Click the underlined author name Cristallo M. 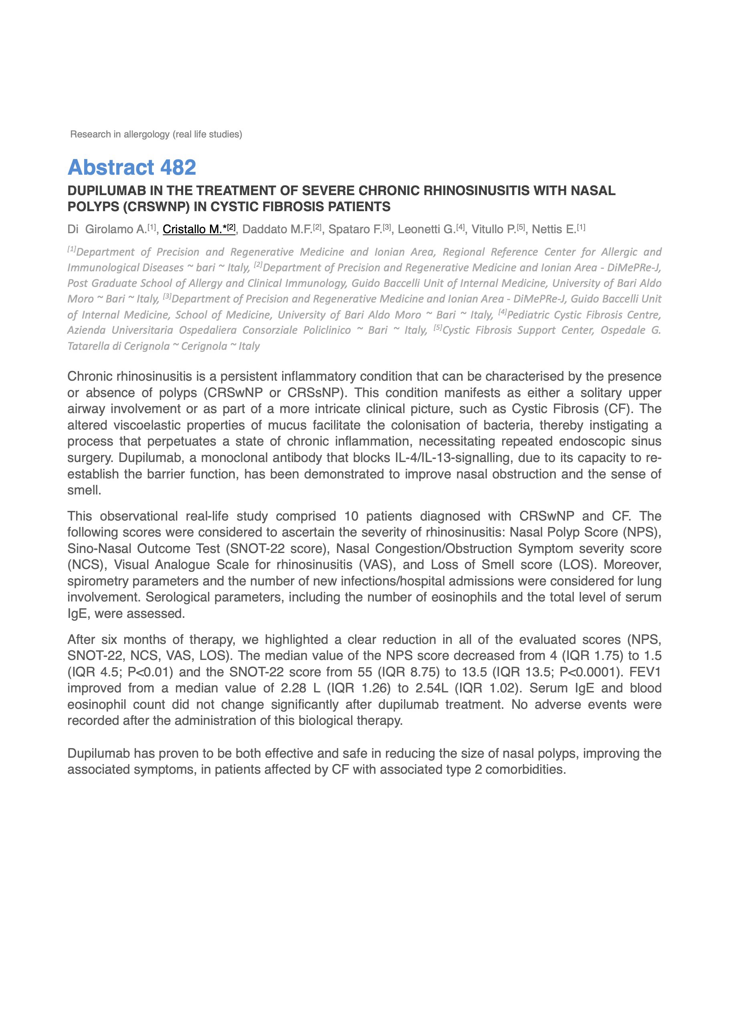195,229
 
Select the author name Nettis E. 554,229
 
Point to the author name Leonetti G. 426,229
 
